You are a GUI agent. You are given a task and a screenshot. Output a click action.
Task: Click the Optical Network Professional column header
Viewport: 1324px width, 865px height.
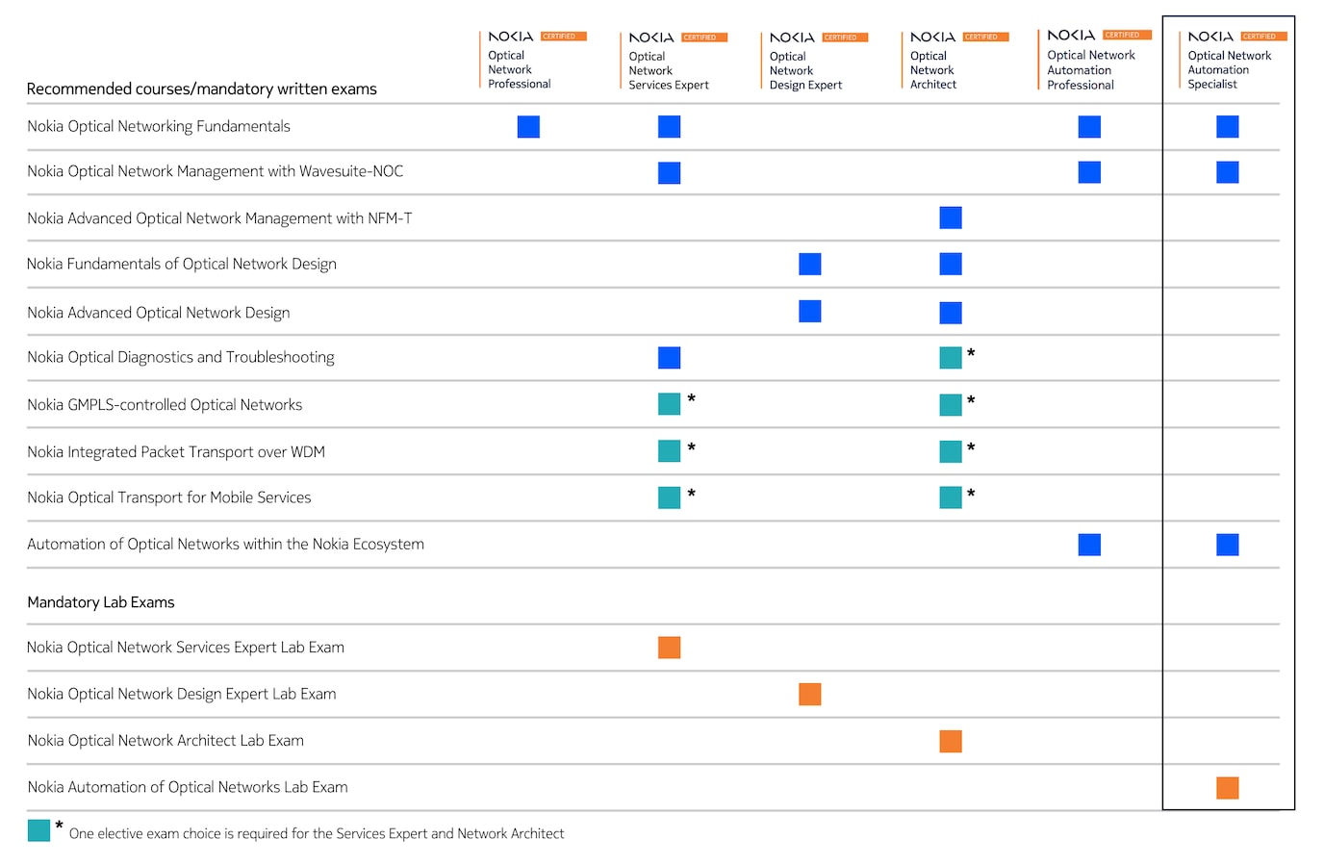(520, 69)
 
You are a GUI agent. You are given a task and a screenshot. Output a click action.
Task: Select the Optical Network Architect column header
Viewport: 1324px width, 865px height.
(933, 69)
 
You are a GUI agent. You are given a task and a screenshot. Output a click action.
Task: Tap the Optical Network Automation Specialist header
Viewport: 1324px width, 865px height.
(1229, 69)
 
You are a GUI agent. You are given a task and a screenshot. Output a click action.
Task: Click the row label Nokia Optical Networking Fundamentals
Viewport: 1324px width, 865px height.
(159, 126)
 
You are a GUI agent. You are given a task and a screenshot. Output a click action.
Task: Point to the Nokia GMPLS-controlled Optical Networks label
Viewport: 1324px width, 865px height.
(165, 405)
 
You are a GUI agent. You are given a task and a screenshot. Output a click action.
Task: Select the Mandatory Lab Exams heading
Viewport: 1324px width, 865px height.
(101, 602)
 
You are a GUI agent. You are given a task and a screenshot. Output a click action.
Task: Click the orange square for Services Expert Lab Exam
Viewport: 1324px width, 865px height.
(669, 648)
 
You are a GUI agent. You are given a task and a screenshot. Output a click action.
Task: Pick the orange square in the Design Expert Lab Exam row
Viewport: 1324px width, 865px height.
(810, 695)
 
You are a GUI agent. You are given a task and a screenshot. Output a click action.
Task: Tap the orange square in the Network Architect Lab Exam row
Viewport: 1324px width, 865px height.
(951, 741)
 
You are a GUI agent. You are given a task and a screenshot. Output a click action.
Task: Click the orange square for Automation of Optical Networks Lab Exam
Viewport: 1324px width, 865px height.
(1227, 788)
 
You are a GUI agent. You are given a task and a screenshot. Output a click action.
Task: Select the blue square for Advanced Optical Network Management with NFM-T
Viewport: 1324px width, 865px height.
(951, 218)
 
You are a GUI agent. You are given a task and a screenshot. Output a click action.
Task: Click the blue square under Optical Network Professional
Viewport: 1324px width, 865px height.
(528, 127)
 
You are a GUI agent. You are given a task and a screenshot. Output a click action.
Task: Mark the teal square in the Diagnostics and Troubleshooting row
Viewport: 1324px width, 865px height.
(951, 358)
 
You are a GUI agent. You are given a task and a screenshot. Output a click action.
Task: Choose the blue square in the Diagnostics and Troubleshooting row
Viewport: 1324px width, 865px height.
(669, 358)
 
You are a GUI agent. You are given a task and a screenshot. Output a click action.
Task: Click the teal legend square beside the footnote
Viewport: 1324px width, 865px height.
(38, 830)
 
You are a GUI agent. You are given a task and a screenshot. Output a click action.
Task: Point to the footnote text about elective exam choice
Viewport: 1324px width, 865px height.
(317, 834)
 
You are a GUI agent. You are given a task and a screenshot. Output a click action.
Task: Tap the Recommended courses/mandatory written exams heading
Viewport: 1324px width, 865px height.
(201, 89)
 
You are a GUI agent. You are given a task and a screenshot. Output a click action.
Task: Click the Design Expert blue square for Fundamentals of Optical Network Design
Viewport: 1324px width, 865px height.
(810, 265)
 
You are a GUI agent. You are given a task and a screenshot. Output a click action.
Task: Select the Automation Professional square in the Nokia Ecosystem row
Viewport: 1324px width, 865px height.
(1089, 545)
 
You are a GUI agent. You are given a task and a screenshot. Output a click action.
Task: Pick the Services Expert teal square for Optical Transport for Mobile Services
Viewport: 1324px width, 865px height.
(669, 497)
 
